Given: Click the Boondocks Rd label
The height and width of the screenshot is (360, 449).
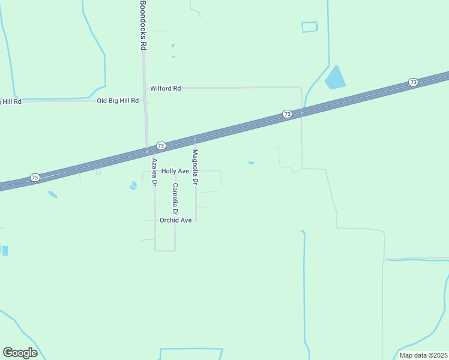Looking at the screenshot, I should [143, 25].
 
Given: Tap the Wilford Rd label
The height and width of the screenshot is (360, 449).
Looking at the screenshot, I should [165, 88].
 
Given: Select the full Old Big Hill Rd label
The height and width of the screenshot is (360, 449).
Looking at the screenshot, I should [118, 101].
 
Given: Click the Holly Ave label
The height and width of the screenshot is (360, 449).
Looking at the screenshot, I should [175, 171].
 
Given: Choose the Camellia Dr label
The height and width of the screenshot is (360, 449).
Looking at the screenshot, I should [175, 199].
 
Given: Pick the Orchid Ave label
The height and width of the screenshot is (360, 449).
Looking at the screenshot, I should [175, 220].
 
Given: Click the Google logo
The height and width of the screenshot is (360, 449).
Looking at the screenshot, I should [20, 353].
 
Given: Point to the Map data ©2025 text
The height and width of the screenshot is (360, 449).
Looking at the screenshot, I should [423, 355].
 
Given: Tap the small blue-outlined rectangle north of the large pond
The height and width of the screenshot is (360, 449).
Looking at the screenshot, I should [309, 27].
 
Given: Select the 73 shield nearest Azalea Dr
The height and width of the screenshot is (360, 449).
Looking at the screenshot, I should [161, 146].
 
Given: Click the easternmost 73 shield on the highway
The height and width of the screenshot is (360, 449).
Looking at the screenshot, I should [413, 82].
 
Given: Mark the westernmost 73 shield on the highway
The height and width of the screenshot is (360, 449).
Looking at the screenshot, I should [35, 178].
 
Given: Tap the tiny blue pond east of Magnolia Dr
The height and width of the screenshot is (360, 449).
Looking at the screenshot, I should [251, 163].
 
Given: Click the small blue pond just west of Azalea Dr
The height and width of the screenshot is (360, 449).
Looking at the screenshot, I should [133, 185].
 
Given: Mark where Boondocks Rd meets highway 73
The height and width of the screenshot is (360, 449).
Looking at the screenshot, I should [146, 151].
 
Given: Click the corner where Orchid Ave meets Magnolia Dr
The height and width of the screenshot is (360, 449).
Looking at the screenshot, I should [196, 220].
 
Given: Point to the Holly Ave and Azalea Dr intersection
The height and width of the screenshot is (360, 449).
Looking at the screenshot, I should [155, 171].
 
